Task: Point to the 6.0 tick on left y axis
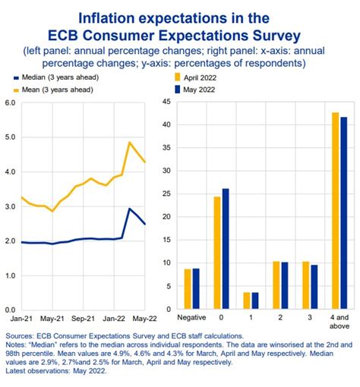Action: pos(10,102)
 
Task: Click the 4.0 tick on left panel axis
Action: pos(10,171)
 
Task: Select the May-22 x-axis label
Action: pos(144,319)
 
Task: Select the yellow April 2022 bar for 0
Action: pos(216,253)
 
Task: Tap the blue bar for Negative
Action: pos(196,289)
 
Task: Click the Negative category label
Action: pos(191,316)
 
